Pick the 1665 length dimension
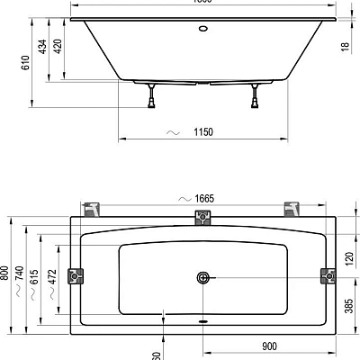201,198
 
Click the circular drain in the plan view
202,278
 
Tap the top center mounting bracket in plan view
202,218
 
